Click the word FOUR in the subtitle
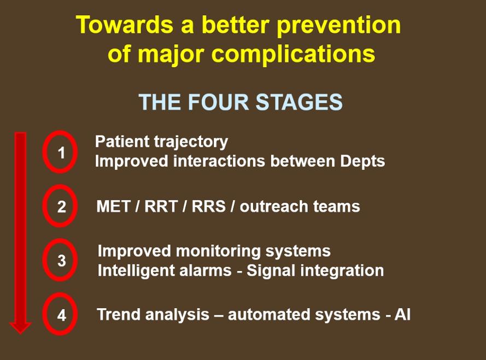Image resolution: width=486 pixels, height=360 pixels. (x=219, y=102)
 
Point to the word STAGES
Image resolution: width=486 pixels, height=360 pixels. (x=300, y=102)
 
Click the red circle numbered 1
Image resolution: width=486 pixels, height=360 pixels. (x=45, y=152)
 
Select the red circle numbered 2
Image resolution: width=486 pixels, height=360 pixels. (x=45, y=206)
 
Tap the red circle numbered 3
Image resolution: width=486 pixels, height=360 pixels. (x=45, y=259)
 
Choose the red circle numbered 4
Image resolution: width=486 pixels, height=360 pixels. (x=45, y=314)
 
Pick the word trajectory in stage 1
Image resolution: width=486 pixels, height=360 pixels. (x=191, y=143)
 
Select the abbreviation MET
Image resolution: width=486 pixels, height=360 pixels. (x=113, y=206)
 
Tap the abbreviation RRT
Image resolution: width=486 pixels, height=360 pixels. (x=161, y=206)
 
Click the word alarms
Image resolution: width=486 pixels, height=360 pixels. (x=205, y=270)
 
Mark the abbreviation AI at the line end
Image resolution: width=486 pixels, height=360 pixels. (x=402, y=315)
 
